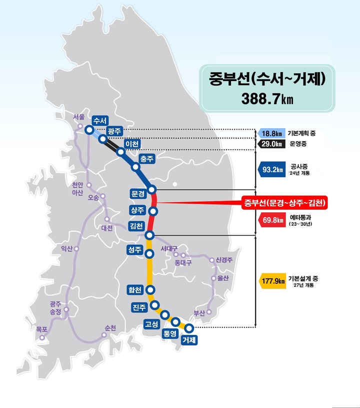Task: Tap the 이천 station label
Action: click(x=132, y=144)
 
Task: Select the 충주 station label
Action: click(x=146, y=160)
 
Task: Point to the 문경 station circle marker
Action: click(x=152, y=189)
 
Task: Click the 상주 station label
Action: click(x=136, y=209)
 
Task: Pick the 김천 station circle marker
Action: click(x=149, y=235)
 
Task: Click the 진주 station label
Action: click(x=139, y=307)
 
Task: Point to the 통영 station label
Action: click(x=170, y=333)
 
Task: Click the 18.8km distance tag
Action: click(x=271, y=134)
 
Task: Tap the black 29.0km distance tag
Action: click(x=271, y=144)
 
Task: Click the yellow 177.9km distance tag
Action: click(x=271, y=281)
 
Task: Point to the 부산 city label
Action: click(x=199, y=313)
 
